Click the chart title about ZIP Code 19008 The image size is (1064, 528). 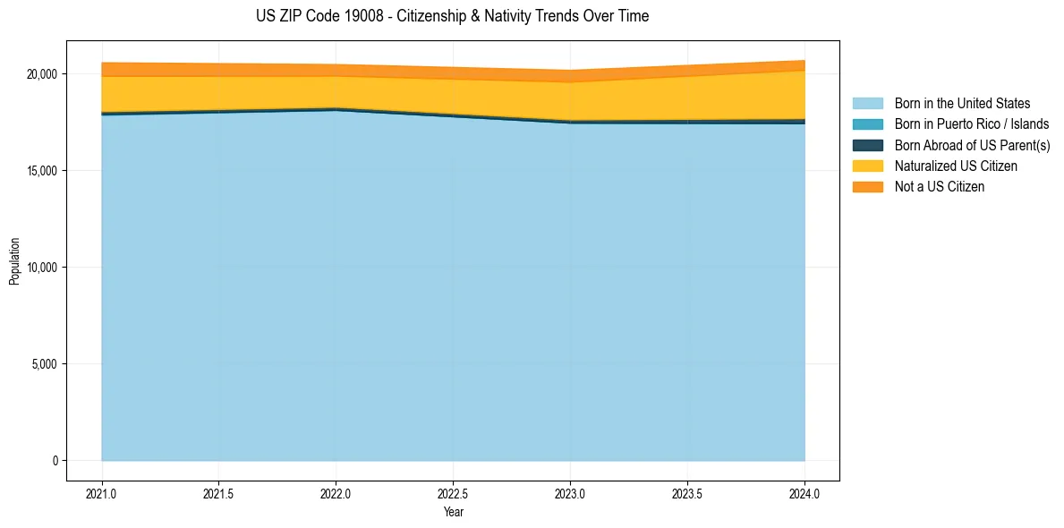click(x=452, y=16)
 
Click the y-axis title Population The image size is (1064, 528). click(x=14, y=261)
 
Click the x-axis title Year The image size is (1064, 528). click(x=453, y=512)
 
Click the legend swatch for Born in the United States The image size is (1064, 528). click(x=867, y=104)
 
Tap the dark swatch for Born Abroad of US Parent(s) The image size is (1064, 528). click(x=867, y=145)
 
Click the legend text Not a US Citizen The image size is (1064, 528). click(x=939, y=187)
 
